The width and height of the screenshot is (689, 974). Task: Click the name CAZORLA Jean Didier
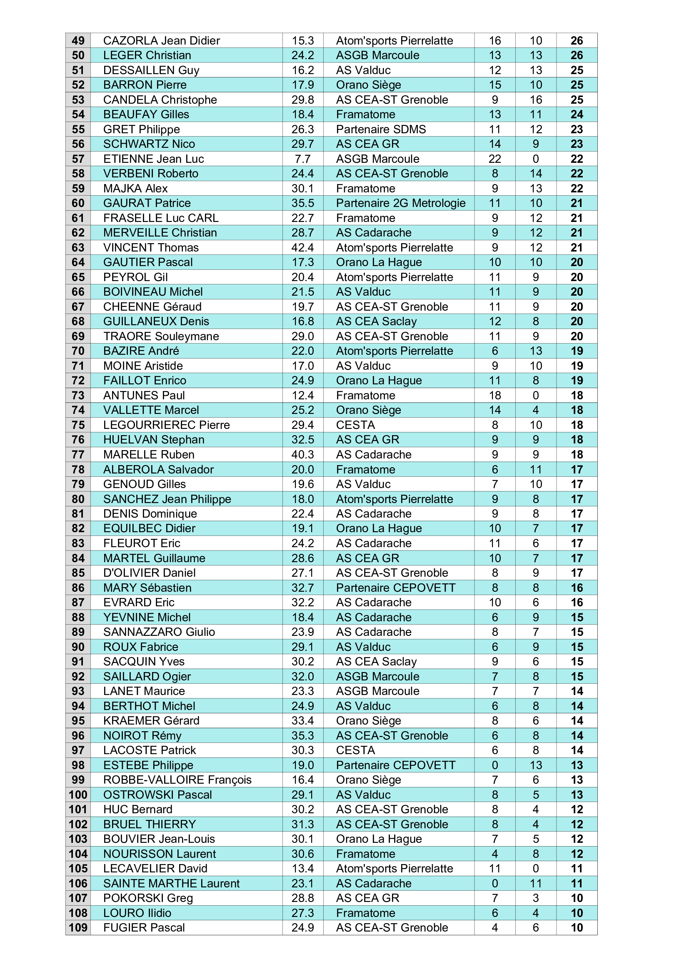(161, 41)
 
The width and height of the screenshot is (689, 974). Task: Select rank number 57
(78, 159)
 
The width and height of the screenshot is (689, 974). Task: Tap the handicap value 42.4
(302, 248)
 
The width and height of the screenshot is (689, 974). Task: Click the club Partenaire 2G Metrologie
(400, 203)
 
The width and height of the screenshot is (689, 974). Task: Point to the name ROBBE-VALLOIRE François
(177, 780)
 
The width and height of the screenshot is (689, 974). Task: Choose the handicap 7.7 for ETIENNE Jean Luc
(302, 159)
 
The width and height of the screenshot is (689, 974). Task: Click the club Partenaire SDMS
(381, 130)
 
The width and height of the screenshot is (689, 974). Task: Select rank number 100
(78, 795)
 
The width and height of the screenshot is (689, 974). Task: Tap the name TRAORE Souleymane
(161, 336)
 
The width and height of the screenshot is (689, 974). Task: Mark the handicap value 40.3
(302, 455)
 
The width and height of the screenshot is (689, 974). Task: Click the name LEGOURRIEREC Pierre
(166, 425)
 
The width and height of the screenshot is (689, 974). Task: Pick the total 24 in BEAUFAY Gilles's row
(577, 115)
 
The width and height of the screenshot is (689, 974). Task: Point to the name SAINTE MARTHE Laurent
(171, 884)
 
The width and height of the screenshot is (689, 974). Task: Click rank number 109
(78, 928)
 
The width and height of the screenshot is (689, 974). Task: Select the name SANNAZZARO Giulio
(159, 632)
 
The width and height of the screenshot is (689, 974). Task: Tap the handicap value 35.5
(302, 203)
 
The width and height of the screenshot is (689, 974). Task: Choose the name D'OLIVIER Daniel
(150, 573)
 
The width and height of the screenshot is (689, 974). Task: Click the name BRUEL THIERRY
(150, 824)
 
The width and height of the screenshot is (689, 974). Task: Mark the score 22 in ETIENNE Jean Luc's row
(495, 159)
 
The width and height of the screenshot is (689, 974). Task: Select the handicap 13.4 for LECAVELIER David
(302, 869)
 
